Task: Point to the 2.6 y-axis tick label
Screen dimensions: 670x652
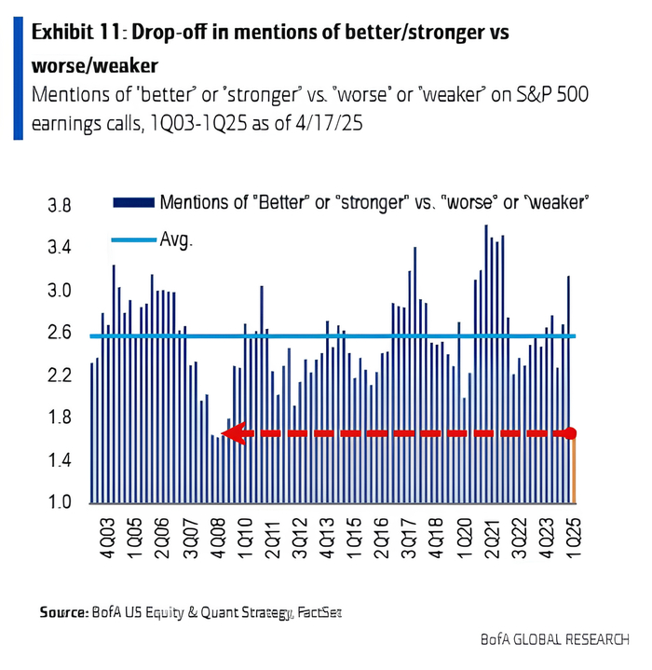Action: [59, 333]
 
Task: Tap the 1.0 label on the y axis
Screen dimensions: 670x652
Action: [59, 502]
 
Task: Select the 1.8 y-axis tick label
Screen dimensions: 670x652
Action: [59, 417]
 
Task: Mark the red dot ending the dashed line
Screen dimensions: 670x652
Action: [571, 433]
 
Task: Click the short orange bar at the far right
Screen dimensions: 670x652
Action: [573, 471]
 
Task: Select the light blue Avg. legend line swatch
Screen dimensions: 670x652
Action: [133, 239]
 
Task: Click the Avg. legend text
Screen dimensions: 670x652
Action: [176, 239]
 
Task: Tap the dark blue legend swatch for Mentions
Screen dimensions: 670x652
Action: [133, 202]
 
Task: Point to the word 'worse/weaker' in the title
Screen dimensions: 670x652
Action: [94, 66]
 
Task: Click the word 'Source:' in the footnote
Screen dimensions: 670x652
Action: [62, 612]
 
